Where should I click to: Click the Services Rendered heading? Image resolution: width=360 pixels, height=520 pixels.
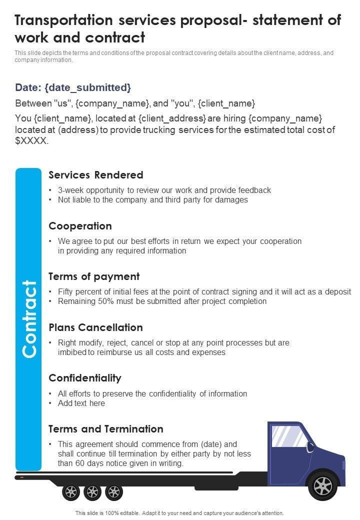point(96,175)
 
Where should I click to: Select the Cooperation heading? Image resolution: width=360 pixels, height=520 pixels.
point(80,226)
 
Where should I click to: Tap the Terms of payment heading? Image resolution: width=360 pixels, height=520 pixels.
point(94,276)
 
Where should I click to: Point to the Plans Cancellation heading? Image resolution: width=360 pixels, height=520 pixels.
point(95,327)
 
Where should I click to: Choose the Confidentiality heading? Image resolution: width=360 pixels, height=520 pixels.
point(85,378)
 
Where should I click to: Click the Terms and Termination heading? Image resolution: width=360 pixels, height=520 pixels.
point(105,429)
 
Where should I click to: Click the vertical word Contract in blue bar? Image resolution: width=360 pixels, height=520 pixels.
point(29,318)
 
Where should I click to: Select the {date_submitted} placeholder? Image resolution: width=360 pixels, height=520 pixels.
point(87,87)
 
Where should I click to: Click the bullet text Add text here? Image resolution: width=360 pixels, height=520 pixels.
point(81,403)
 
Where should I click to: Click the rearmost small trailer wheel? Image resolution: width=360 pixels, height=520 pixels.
point(71,492)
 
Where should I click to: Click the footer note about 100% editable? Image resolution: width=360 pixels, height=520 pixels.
point(179,513)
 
